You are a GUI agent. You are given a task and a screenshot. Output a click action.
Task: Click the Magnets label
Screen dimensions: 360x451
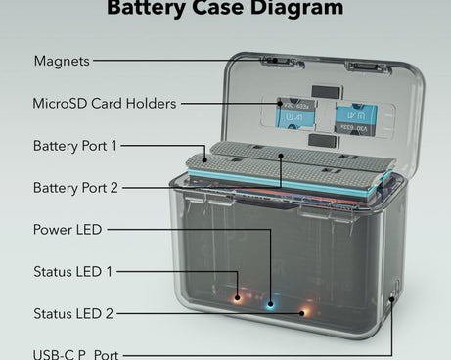(x=62, y=61)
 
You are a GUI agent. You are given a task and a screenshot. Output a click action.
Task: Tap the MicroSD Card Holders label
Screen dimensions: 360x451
(x=105, y=103)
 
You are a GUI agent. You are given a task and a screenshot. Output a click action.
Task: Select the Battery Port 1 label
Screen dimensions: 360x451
(x=74, y=146)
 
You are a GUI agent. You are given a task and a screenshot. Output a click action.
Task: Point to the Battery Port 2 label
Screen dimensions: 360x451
(x=74, y=187)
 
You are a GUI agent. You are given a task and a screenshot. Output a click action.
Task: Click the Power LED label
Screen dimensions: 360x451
(x=67, y=230)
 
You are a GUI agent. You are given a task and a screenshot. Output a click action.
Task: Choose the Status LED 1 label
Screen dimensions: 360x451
(x=72, y=271)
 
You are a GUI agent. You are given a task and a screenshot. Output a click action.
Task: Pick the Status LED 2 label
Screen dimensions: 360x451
(x=72, y=313)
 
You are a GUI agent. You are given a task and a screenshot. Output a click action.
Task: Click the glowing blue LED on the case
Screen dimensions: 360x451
(x=271, y=302)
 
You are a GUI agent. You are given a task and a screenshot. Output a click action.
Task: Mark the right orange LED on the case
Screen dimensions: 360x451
(x=302, y=313)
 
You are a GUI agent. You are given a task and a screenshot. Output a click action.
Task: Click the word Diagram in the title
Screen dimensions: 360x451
(x=293, y=9)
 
